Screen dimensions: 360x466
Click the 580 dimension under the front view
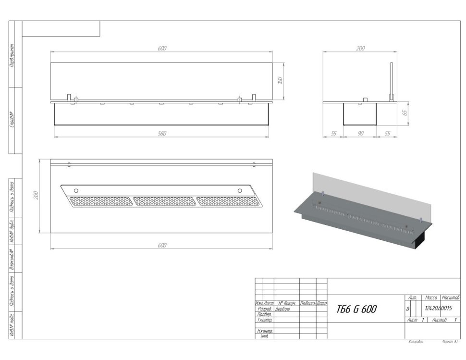click(x=162, y=133)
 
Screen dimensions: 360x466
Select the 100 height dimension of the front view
click(x=280, y=80)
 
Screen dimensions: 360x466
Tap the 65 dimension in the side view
click(x=405, y=113)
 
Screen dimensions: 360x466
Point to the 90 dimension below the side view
click(x=360, y=134)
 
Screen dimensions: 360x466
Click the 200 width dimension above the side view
click(x=360, y=49)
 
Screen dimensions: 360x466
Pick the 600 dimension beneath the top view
click(x=162, y=245)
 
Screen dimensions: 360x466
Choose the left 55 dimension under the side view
click(x=333, y=134)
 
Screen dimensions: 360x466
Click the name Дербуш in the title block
click(x=282, y=309)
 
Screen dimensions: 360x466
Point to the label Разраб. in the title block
click(x=265, y=309)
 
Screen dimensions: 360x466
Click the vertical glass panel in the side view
click(x=391, y=82)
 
